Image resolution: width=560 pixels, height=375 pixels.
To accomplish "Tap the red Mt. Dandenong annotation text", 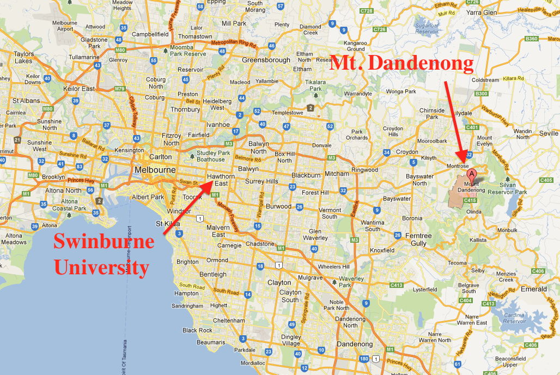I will (402, 64).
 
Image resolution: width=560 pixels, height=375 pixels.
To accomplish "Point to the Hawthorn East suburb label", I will (221, 180).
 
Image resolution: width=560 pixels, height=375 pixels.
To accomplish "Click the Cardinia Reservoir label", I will (515, 318).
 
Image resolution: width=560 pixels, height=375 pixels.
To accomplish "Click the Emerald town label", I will (533, 289).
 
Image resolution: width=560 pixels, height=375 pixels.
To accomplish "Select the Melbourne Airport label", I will (64, 26).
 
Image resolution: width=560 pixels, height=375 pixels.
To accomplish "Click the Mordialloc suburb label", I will (252, 362).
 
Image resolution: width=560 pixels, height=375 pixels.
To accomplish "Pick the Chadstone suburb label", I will (260, 244).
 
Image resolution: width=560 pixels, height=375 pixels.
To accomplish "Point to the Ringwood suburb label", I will (364, 170).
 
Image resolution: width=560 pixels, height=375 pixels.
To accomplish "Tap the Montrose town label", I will (458, 165).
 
